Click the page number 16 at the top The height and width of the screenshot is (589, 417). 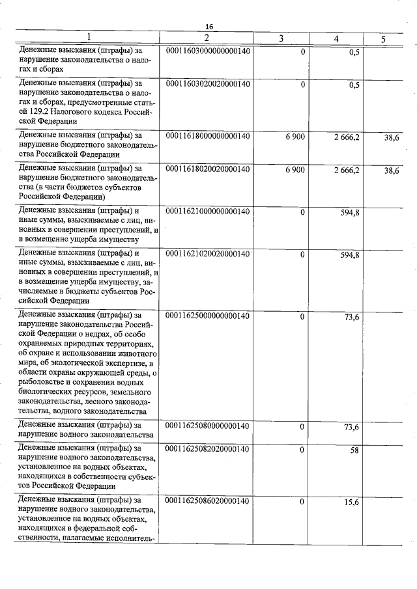(209, 26)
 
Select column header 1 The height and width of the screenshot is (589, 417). (89, 38)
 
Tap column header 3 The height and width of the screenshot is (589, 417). (281, 38)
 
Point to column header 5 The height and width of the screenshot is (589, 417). (383, 38)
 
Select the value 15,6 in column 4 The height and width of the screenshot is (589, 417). (351, 500)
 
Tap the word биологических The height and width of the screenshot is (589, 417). (49, 392)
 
